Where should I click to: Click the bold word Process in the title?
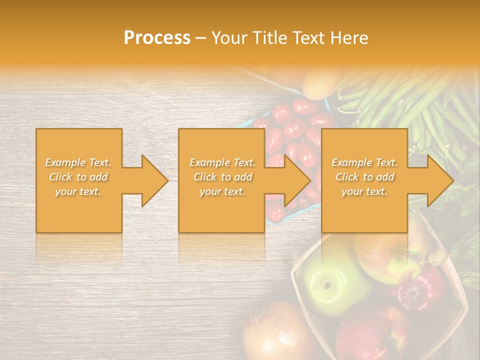(x=157, y=38)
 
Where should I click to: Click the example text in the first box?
(x=78, y=177)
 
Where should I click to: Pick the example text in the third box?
(x=364, y=177)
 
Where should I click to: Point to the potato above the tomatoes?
(x=320, y=85)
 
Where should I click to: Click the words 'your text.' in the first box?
(x=78, y=191)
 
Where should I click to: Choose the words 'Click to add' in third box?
(x=364, y=177)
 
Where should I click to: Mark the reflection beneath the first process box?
(x=78, y=247)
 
